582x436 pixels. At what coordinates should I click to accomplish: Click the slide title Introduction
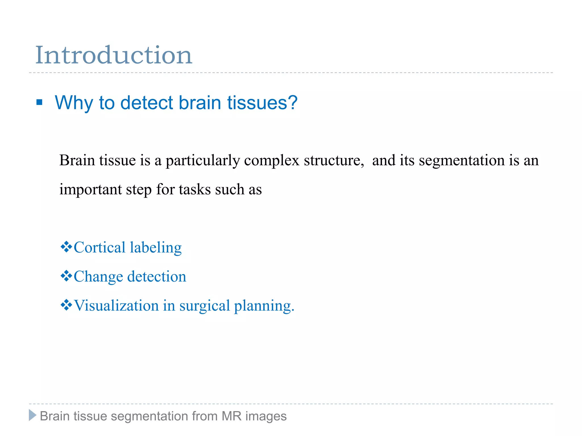114,55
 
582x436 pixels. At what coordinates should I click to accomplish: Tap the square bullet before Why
40,102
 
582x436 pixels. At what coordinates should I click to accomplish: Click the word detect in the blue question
146,102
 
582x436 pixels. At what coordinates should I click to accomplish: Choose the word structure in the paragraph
334,160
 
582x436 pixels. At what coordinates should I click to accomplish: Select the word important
90,190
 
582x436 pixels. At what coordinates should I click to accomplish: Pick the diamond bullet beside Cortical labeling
66,247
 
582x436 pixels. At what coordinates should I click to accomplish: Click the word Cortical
99,247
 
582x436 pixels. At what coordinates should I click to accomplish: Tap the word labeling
156,248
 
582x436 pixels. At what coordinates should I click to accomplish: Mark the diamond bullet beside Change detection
66,276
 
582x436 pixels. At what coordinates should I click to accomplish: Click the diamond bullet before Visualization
66,305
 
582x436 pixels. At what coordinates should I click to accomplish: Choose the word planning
264,306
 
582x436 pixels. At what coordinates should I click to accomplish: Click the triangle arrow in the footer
33,416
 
